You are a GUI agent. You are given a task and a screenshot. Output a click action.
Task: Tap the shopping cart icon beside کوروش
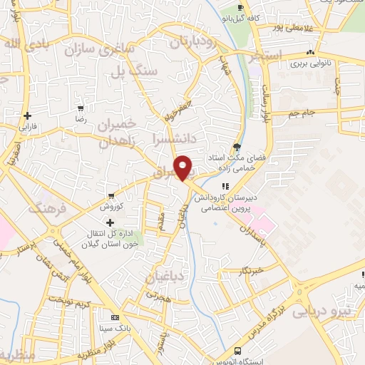111,196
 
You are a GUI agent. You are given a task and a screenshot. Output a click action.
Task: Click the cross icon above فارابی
26,115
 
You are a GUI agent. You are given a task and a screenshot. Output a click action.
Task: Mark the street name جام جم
301,113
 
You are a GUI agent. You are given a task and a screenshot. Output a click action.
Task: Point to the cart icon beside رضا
81,109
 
